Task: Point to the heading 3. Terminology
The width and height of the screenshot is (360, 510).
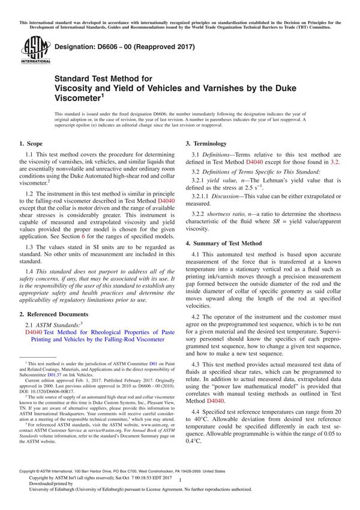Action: pyautogui.click(x=206, y=144)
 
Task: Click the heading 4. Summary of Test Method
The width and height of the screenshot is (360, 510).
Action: pyautogui.click(x=224, y=243)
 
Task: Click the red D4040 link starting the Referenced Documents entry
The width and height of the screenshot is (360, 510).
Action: pyautogui.click(x=34, y=331)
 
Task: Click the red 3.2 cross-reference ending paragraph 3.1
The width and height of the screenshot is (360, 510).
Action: pyautogui.click(x=335, y=162)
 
